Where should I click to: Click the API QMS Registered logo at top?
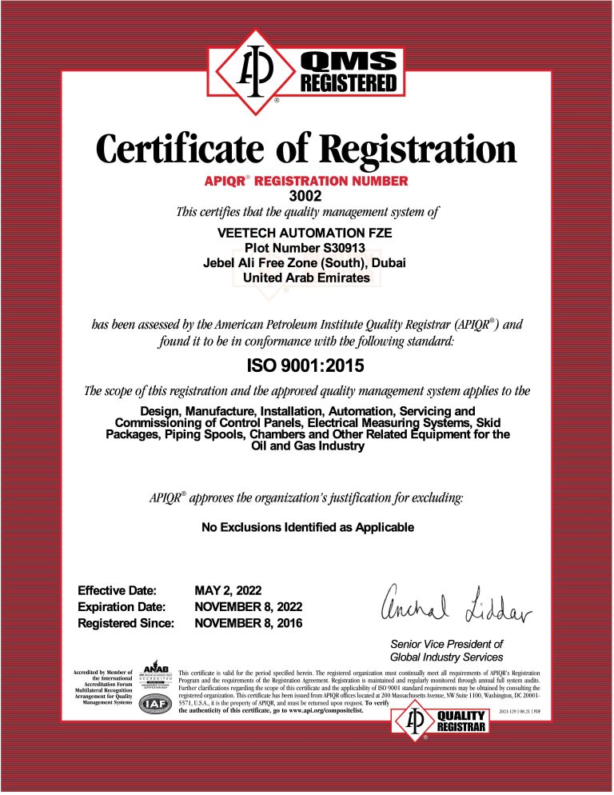point(307,71)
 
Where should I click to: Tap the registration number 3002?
point(308,195)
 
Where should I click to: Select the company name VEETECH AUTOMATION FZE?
point(306,233)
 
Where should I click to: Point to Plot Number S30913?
point(306,248)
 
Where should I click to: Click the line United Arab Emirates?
point(306,278)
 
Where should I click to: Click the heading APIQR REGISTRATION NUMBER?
point(308,182)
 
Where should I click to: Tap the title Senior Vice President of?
point(446,644)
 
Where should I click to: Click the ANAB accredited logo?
point(155,677)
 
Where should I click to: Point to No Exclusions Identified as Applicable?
point(307,527)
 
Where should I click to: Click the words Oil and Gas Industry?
point(307,446)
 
